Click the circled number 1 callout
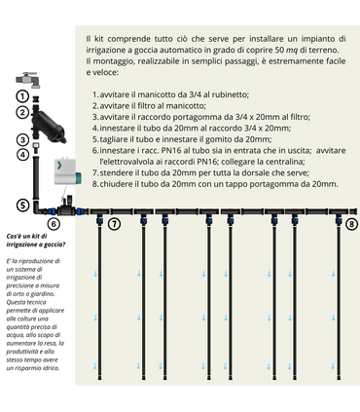(x=21, y=96)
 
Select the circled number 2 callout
(x=21, y=113)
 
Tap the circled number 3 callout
(x=21, y=139)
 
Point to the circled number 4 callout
(x=21, y=154)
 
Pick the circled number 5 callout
(x=21, y=206)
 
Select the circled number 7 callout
(x=114, y=224)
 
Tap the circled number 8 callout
(x=351, y=224)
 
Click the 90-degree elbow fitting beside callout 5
(x=38, y=206)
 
